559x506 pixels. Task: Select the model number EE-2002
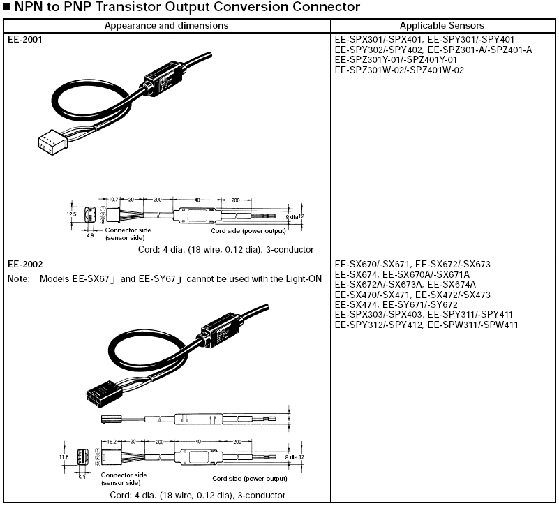click(x=25, y=265)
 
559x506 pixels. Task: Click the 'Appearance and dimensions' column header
click(x=166, y=25)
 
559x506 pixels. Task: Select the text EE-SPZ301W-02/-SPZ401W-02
click(x=399, y=70)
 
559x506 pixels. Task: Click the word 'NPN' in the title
click(x=29, y=8)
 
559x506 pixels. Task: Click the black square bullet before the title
click(x=7, y=8)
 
